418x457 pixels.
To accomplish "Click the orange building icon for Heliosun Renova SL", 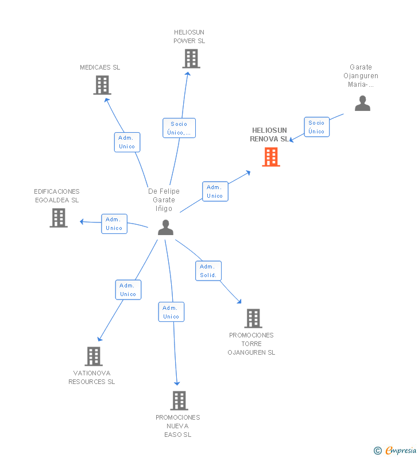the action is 271,157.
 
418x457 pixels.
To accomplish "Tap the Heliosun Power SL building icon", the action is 191,59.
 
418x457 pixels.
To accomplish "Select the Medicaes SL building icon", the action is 102,85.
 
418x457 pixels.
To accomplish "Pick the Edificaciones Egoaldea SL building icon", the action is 59,218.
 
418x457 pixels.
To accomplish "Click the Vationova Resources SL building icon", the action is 94,356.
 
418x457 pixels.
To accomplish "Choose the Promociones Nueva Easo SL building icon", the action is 179,401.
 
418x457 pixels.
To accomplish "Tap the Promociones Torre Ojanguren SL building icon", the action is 253,318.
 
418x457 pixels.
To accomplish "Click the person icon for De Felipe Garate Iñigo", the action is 165,228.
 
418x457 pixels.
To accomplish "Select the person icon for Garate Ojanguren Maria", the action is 362,103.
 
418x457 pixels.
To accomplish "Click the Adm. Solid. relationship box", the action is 208,271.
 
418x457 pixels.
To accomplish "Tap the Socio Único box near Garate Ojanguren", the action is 317,127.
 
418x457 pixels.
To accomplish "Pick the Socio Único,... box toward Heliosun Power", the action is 179,128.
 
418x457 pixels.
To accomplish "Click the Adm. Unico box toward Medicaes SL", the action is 127,142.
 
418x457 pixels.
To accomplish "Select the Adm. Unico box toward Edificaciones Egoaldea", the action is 114,224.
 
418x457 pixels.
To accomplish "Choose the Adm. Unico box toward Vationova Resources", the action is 129,290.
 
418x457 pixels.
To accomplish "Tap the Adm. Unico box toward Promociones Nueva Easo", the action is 171,312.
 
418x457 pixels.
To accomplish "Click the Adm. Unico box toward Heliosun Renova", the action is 215,191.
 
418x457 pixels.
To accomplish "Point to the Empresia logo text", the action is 401,451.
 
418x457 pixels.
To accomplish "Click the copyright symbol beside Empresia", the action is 378,451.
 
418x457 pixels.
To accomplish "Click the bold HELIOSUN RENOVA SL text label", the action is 269,135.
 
